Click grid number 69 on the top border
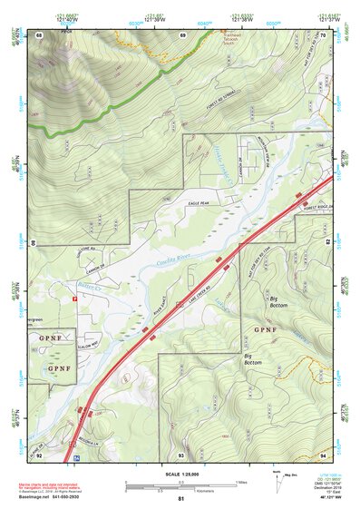(182, 34)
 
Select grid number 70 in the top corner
(323, 34)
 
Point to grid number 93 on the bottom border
(181, 454)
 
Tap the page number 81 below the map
(180, 499)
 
